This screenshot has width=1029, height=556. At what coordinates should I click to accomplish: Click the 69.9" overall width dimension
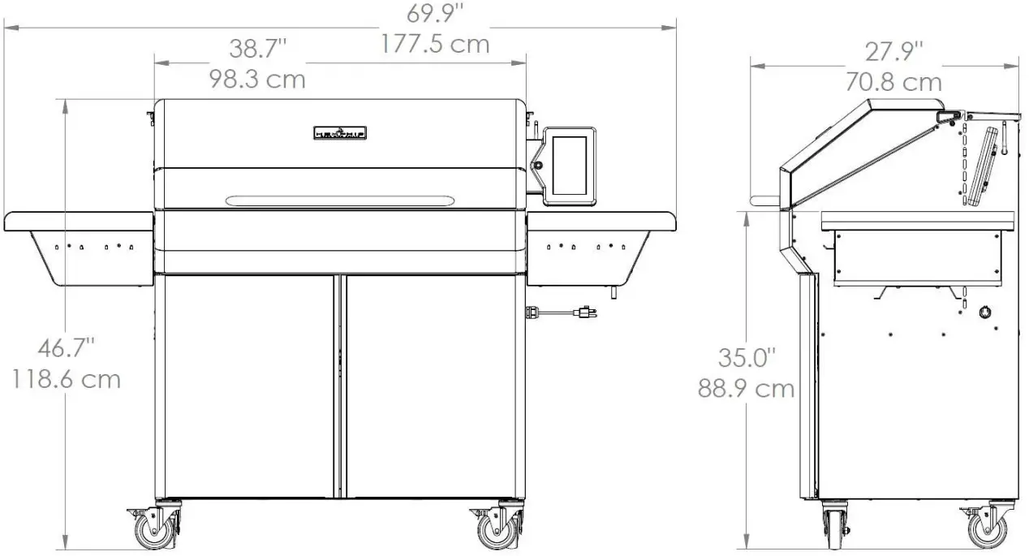coord(435,12)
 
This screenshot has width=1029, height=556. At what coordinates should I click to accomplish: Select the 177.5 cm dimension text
coord(435,43)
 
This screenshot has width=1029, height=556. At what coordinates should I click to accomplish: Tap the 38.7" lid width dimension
coord(257,50)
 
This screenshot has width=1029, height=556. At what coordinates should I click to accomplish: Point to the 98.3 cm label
coord(257,80)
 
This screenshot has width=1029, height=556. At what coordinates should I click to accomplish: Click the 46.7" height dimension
coord(66,348)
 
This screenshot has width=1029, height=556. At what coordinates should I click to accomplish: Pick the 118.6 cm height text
coord(66,379)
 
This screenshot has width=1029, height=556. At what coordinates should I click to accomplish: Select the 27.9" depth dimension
coord(893,52)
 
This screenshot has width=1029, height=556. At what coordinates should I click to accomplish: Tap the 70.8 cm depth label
coord(893,82)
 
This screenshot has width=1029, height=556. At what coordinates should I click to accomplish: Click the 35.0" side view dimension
coord(746,357)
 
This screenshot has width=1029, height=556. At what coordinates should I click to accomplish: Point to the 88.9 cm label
coord(746,388)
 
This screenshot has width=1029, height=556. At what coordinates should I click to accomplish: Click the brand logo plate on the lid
coord(340,131)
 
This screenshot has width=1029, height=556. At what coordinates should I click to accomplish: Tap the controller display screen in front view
coord(569,166)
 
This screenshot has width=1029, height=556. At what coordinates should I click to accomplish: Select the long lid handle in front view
coord(340,200)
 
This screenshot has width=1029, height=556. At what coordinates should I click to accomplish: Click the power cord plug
coord(584,311)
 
